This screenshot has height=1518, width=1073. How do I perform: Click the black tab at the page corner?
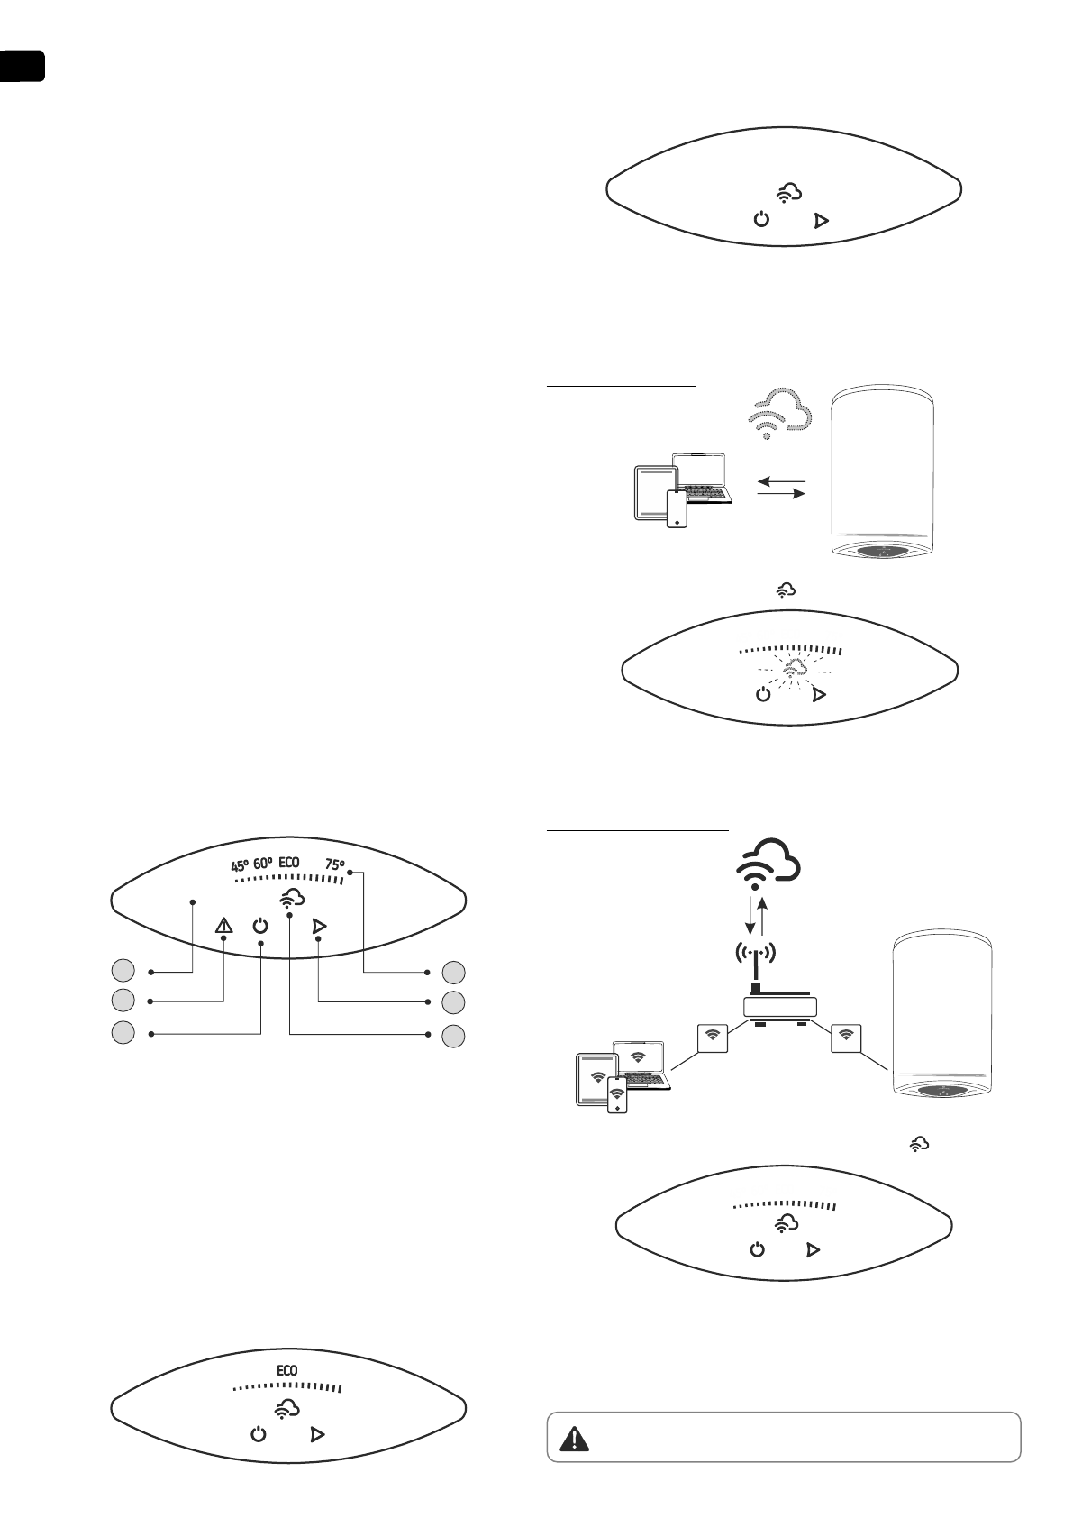click(x=22, y=67)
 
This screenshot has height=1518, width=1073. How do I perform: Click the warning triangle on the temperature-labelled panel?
click(x=223, y=926)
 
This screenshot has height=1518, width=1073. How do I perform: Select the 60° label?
click(x=263, y=864)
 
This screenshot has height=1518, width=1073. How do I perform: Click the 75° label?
click(x=334, y=864)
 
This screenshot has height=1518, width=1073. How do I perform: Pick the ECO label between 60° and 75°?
click(x=289, y=863)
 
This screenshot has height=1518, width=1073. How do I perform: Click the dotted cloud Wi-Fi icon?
click(x=780, y=414)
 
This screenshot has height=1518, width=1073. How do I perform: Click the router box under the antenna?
click(x=779, y=1007)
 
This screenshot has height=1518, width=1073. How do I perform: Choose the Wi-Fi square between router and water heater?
click(x=845, y=1037)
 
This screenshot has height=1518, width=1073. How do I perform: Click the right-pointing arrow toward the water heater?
click(x=780, y=494)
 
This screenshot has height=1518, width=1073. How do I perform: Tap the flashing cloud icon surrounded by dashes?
click(x=792, y=669)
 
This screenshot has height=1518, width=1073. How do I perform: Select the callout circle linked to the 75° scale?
click(x=454, y=973)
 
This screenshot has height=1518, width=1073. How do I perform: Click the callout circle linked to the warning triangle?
click(x=123, y=1001)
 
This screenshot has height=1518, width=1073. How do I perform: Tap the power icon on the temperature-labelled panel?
click(x=260, y=926)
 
